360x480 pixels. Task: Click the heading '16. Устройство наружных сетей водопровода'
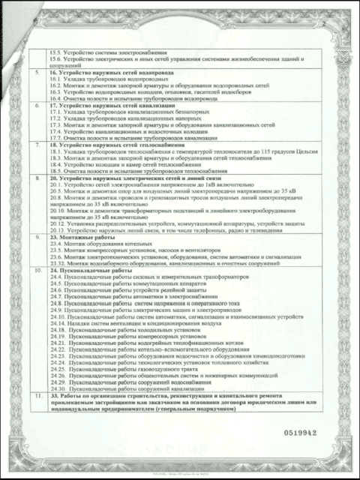tap(105, 72)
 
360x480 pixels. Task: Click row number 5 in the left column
tap(37, 72)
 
